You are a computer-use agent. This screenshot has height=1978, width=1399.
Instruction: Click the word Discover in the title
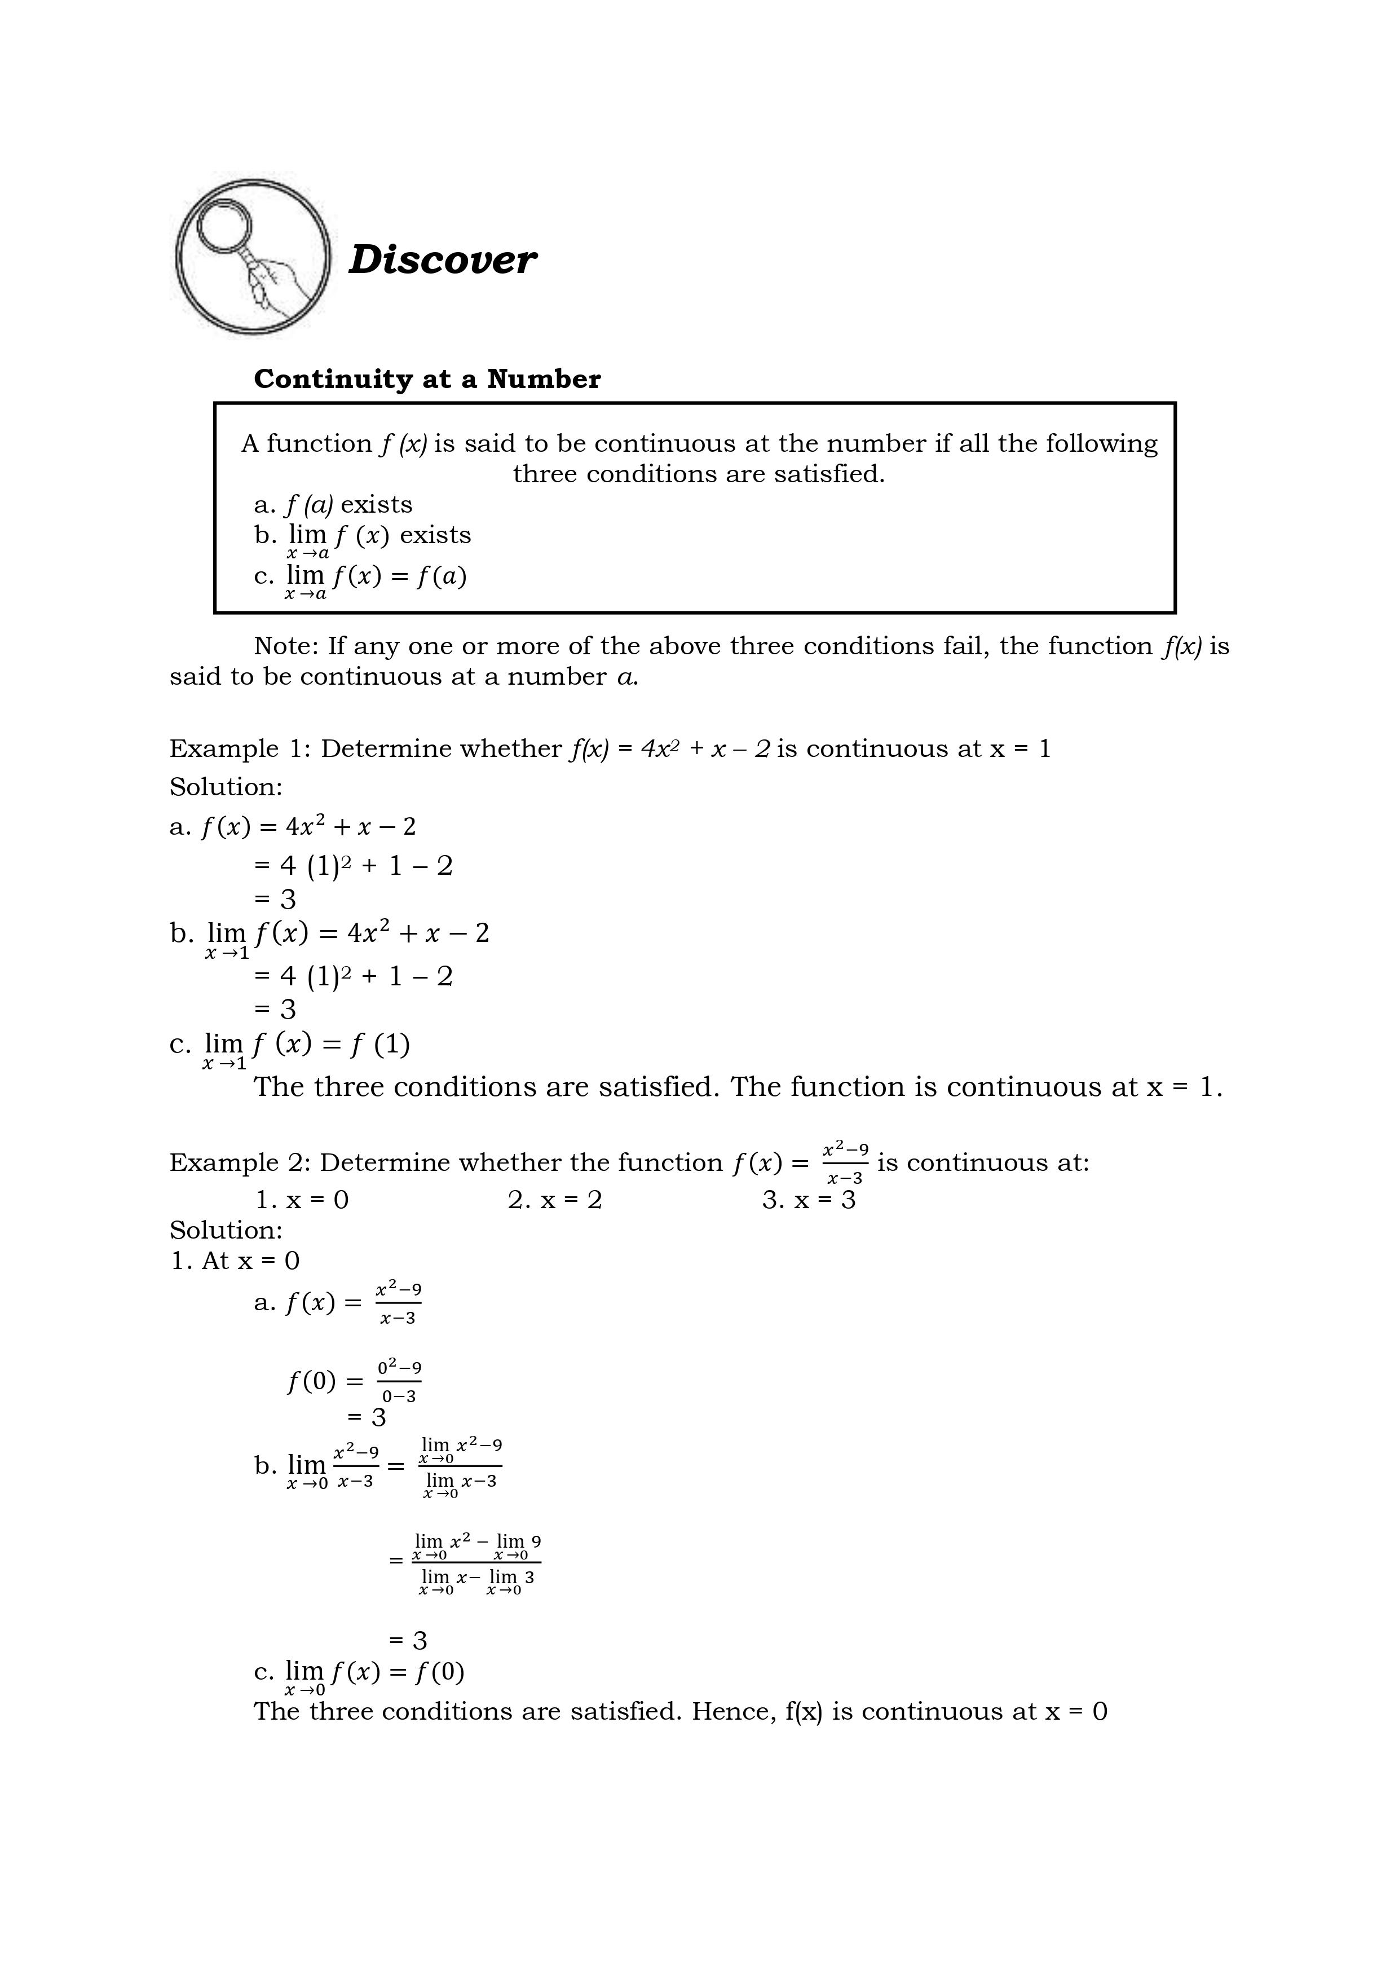[x=442, y=259]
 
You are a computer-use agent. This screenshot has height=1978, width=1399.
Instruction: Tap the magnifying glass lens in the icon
[x=223, y=226]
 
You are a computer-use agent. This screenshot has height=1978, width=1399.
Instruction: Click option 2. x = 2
[x=555, y=1200]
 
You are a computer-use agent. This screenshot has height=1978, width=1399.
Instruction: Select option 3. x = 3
[x=809, y=1200]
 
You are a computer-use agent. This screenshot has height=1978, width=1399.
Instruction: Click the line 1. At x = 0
[x=235, y=1261]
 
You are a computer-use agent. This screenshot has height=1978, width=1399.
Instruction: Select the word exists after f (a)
[x=377, y=505]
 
